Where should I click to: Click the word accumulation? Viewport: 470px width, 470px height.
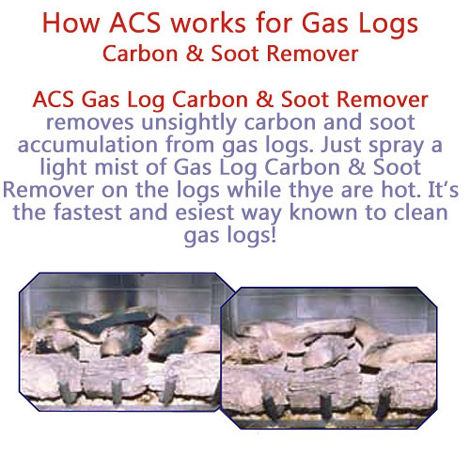[89, 145]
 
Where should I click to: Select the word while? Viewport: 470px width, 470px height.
[254, 190]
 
